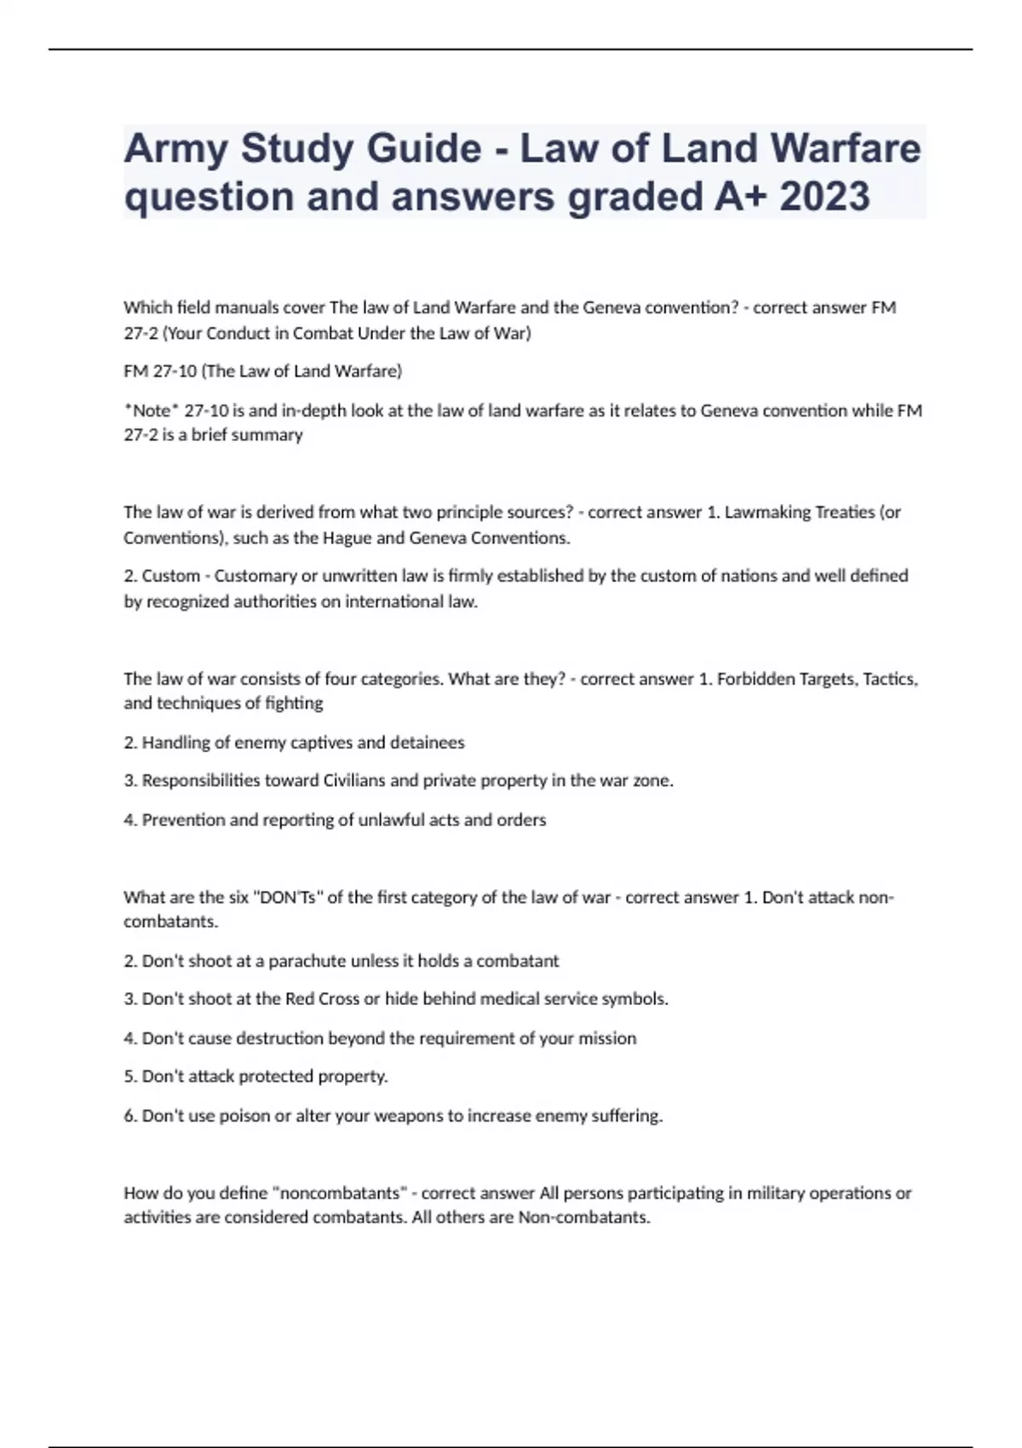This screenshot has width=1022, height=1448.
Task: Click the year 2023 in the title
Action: tap(824, 197)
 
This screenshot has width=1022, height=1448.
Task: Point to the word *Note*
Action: tap(152, 411)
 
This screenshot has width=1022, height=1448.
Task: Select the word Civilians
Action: tap(354, 781)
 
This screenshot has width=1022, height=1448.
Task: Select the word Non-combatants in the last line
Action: tap(583, 1218)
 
